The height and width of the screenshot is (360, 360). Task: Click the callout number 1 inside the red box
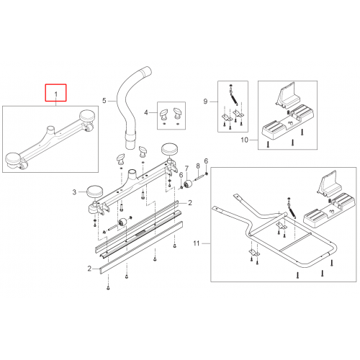(56, 94)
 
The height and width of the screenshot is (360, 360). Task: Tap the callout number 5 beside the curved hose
(104, 101)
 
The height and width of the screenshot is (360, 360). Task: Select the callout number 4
(146, 112)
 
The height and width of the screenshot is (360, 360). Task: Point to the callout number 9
(205, 102)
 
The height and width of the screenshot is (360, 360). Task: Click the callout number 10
(245, 140)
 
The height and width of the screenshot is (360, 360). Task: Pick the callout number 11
(197, 243)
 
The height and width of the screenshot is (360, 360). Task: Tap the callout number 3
(74, 192)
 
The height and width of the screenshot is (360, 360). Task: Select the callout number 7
(186, 168)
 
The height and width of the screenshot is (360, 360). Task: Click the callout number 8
(198, 166)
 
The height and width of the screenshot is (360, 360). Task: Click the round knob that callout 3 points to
(94, 192)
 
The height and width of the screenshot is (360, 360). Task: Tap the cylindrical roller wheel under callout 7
(188, 184)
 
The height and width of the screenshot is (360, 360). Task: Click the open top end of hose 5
(146, 71)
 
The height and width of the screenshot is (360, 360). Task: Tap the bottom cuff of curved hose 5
(130, 142)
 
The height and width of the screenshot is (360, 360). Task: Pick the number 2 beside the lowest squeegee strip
(89, 269)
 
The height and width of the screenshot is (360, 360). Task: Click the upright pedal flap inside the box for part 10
(287, 94)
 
